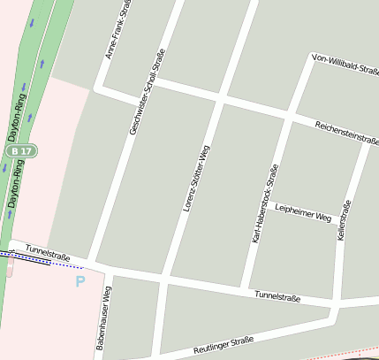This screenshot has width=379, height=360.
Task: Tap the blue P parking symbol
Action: click(x=80, y=282)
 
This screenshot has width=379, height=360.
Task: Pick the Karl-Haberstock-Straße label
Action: click(x=265, y=203)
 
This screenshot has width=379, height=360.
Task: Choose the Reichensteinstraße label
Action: click(x=346, y=133)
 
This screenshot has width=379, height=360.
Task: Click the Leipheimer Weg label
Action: click(x=302, y=211)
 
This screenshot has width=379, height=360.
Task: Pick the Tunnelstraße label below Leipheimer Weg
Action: click(x=277, y=296)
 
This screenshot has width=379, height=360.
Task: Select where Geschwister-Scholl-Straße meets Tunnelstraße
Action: click(x=92, y=264)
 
